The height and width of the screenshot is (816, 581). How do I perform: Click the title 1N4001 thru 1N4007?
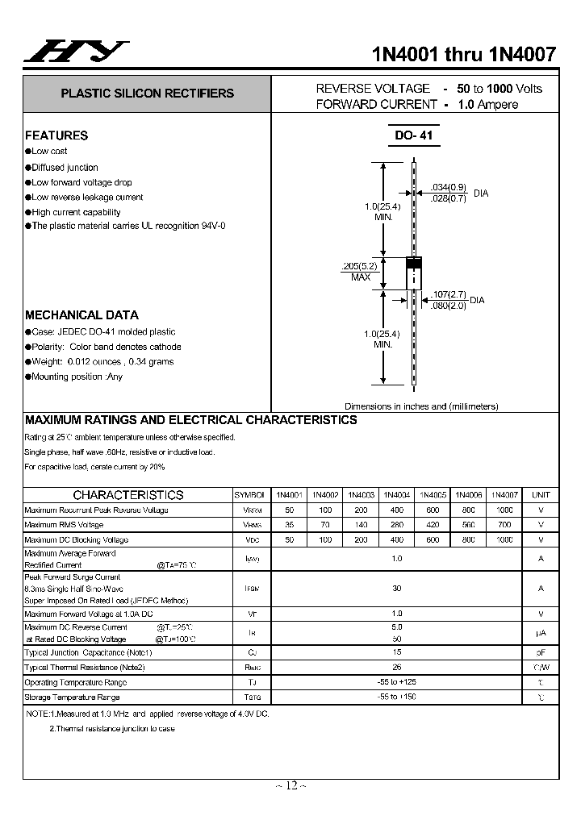463,54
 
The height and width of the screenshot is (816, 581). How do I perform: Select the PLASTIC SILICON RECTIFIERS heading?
147,94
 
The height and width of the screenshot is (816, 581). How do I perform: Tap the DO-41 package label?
414,135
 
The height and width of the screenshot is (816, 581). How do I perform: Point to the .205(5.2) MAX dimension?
360,271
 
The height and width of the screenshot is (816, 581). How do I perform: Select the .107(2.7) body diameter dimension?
449,294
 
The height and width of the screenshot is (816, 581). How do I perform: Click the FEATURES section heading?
56,135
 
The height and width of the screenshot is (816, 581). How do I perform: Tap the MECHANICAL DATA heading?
82,315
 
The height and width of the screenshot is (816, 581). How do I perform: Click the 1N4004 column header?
396,495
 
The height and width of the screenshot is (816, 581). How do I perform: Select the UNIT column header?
541,495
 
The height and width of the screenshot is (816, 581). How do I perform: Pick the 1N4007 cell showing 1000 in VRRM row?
504,510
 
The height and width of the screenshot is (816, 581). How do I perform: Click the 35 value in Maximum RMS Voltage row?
289,525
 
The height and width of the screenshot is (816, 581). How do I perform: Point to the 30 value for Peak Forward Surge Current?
396,589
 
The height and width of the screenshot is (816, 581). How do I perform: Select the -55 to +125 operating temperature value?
396,682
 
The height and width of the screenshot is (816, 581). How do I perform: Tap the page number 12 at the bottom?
291,785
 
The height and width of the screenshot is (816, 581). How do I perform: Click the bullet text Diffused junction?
65,168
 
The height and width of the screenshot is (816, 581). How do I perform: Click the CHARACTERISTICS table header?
128,495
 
